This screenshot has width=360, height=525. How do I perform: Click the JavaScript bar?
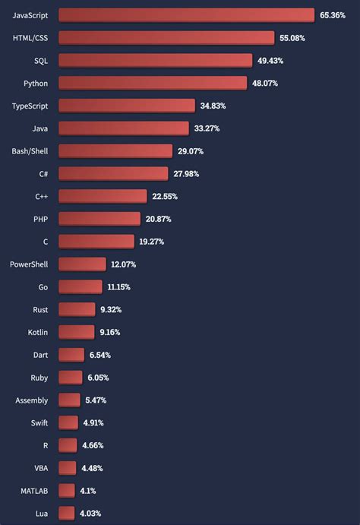click(186, 15)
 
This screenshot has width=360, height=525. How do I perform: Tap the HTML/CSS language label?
click(30, 37)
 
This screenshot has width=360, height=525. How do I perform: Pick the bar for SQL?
click(156, 60)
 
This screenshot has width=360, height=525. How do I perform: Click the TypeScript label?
click(30, 106)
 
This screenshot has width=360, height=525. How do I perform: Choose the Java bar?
click(123, 128)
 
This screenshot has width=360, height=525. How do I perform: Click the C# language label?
click(43, 174)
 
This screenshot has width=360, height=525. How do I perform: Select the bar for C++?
click(103, 196)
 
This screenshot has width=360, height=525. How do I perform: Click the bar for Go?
click(80, 286)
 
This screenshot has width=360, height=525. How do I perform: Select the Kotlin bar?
click(76, 332)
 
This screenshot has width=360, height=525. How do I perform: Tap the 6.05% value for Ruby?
click(99, 378)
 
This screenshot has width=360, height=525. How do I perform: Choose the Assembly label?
click(32, 400)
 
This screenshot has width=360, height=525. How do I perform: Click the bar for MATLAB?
click(67, 491)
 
